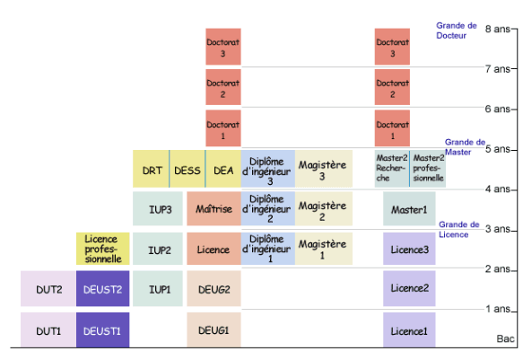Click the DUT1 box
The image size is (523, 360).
48,330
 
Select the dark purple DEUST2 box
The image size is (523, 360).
103,288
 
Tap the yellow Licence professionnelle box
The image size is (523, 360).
103,249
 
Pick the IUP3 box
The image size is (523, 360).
158,208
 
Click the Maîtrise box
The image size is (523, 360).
214,208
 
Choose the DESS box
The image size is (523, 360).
187,169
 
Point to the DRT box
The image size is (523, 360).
151,169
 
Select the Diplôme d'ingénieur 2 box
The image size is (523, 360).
268,208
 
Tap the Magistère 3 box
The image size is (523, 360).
324,169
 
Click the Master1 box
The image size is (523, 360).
409,208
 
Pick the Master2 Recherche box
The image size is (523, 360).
392,169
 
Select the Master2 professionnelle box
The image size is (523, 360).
428,169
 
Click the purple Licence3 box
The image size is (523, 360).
409,249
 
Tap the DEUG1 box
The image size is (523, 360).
214,330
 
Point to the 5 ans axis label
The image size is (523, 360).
498,149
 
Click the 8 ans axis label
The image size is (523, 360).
498,29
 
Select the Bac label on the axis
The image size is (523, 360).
506,338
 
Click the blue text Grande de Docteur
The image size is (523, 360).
457,31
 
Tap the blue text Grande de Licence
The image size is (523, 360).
459,229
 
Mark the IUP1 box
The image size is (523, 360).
158,288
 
